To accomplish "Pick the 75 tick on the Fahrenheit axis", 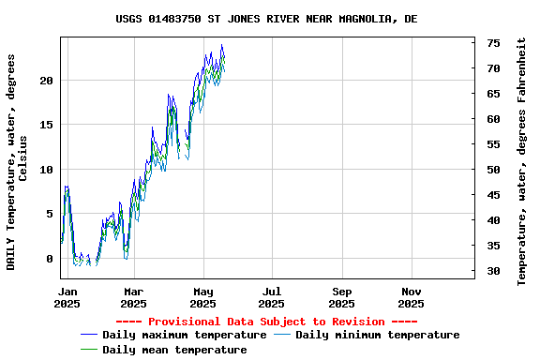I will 493,43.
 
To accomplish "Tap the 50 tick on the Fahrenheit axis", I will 493,170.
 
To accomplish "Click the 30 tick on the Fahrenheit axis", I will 493,271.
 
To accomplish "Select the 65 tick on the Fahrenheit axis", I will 493,94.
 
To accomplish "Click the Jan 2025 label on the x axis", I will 67,297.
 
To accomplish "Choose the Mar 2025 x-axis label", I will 134,297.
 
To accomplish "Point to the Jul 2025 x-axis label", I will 272,297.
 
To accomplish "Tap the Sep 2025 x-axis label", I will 342,297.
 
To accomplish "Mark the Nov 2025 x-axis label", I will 411,297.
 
